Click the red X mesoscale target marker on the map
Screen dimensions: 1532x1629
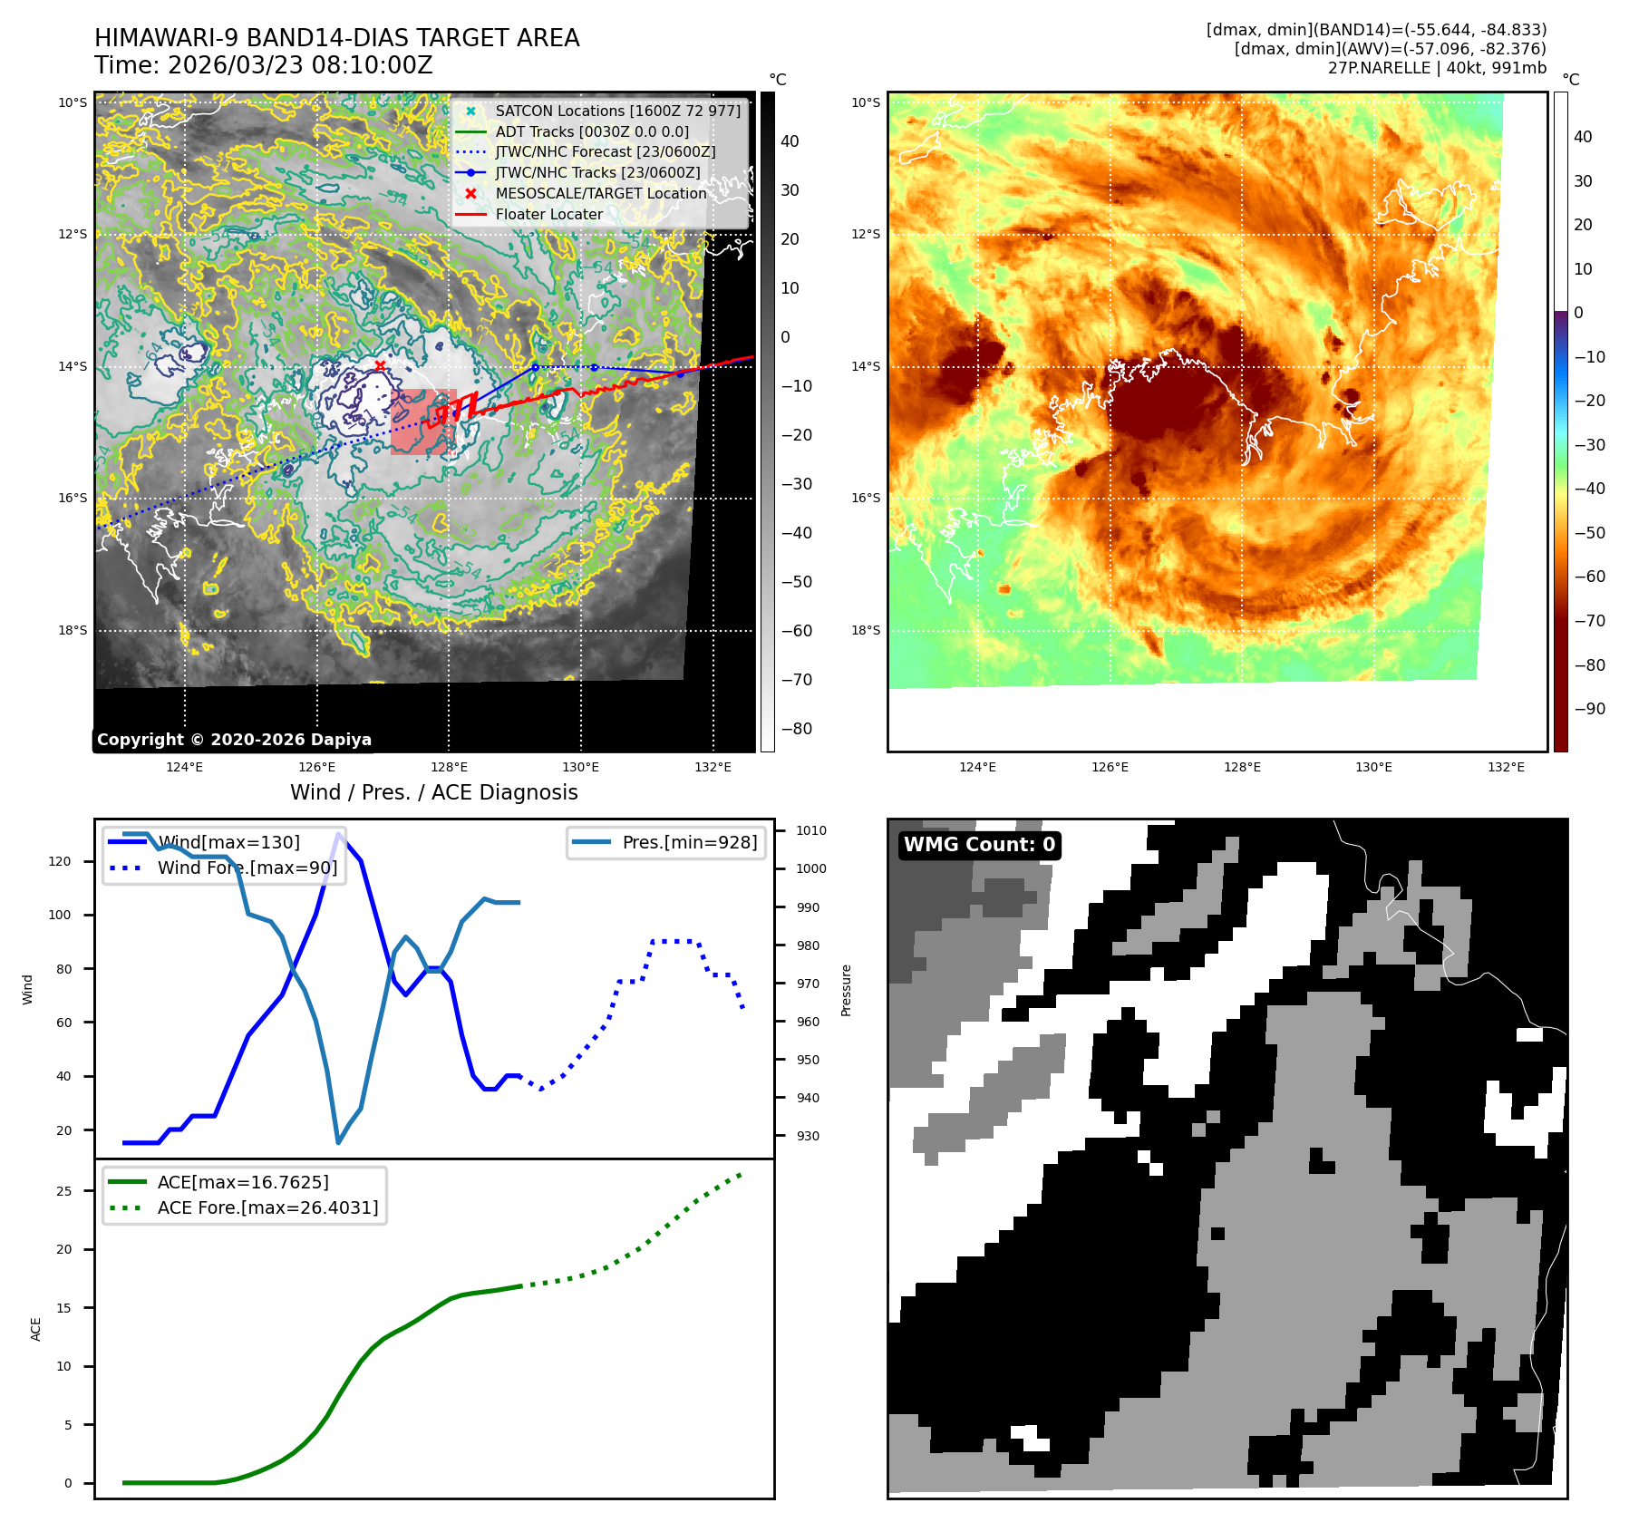pyautogui.click(x=380, y=365)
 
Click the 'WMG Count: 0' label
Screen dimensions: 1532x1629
pyautogui.click(x=979, y=845)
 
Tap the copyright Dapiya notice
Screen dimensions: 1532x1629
pyautogui.click(x=234, y=740)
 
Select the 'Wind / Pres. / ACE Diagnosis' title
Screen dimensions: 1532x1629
pyautogui.click(x=433, y=792)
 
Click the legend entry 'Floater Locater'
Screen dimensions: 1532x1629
pyautogui.click(x=548, y=214)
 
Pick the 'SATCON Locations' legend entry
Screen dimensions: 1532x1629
pyautogui.click(x=617, y=111)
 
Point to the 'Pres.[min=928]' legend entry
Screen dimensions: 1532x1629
pyautogui.click(x=689, y=842)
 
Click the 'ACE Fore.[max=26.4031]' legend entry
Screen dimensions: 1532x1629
pyautogui.click(x=267, y=1207)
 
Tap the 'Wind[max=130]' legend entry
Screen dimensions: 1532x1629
pyautogui.click(x=228, y=842)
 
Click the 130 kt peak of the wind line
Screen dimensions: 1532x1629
pyautogui.click(x=339, y=834)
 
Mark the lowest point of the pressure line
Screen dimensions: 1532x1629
pyautogui.click(x=338, y=1142)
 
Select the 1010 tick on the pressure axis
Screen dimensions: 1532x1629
pyautogui.click(x=810, y=830)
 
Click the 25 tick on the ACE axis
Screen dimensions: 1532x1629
pyautogui.click(x=63, y=1191)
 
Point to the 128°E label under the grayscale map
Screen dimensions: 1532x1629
pyautogui.click(x=449, y=767)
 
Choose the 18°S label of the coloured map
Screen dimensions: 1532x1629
pyautogui.click(x=865, y=630)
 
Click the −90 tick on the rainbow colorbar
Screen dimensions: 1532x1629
pyautogui.click(x=1589, y=709)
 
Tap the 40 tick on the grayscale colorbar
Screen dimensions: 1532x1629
pyautogui.click(x=790, y=141)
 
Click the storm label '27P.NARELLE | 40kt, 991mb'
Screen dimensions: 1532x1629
pyautogui.click(x=1437, y=68)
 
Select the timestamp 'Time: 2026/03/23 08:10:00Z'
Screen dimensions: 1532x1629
pyautogui.click(x=264, y=66)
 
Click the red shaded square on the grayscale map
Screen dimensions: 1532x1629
pyautogui.click(x=422, y=422)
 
